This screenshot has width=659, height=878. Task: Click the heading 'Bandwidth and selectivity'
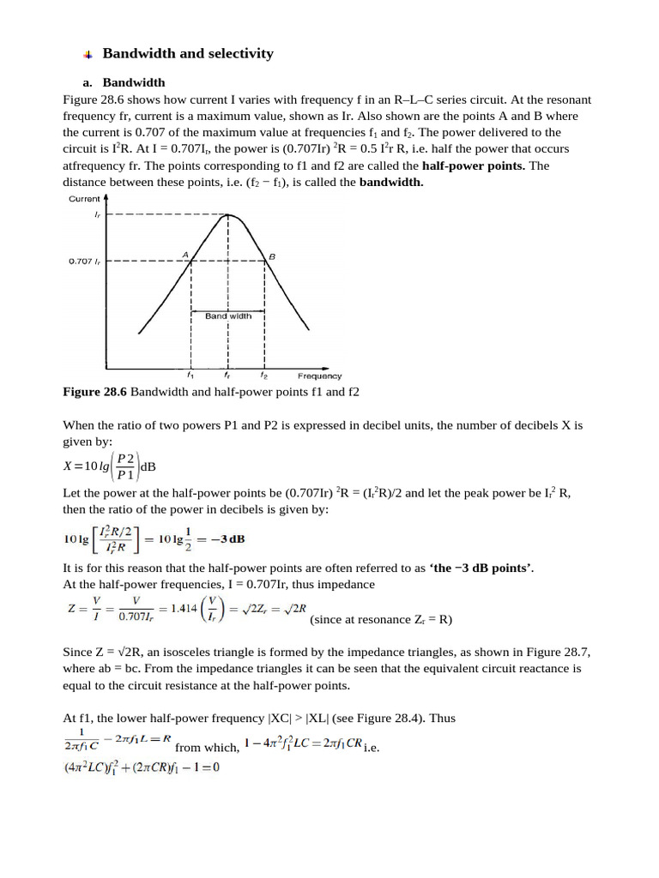188,54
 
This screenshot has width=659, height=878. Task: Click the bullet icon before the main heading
88,55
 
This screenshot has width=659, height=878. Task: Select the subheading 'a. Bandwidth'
126,83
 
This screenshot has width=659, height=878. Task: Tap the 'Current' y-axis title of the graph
84,199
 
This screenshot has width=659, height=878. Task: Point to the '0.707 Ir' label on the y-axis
86,261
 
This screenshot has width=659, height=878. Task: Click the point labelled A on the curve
190,261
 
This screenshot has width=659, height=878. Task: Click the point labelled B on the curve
264,261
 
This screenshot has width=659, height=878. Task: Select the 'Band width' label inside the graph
228,316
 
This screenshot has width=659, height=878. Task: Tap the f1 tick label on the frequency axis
190,376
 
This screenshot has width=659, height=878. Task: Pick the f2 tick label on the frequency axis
264,376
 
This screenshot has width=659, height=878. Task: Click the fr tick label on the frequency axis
227,376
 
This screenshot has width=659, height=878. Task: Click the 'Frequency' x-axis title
319,376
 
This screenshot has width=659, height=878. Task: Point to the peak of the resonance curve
227,215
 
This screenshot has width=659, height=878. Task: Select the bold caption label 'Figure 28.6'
94,392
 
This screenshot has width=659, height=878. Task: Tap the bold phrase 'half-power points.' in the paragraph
473,165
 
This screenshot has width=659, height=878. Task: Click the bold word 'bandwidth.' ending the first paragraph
391,182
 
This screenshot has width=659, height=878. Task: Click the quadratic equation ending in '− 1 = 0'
142,767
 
